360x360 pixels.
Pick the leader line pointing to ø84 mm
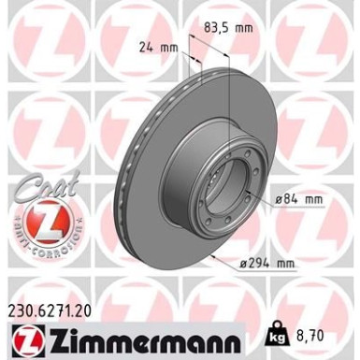(261, 198)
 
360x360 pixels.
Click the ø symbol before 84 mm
(281, 198)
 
